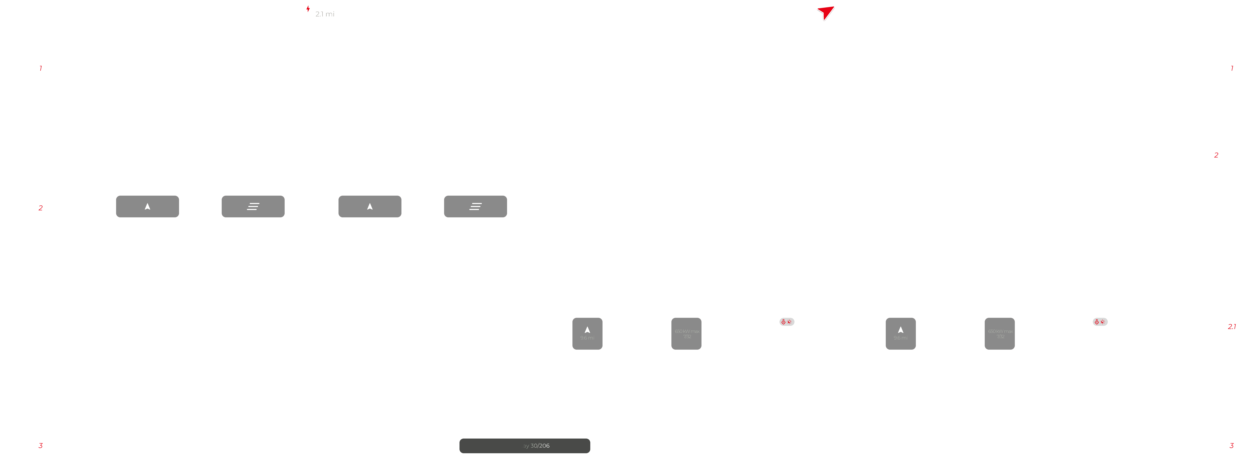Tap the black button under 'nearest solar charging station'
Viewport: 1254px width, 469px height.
coord(148,206)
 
